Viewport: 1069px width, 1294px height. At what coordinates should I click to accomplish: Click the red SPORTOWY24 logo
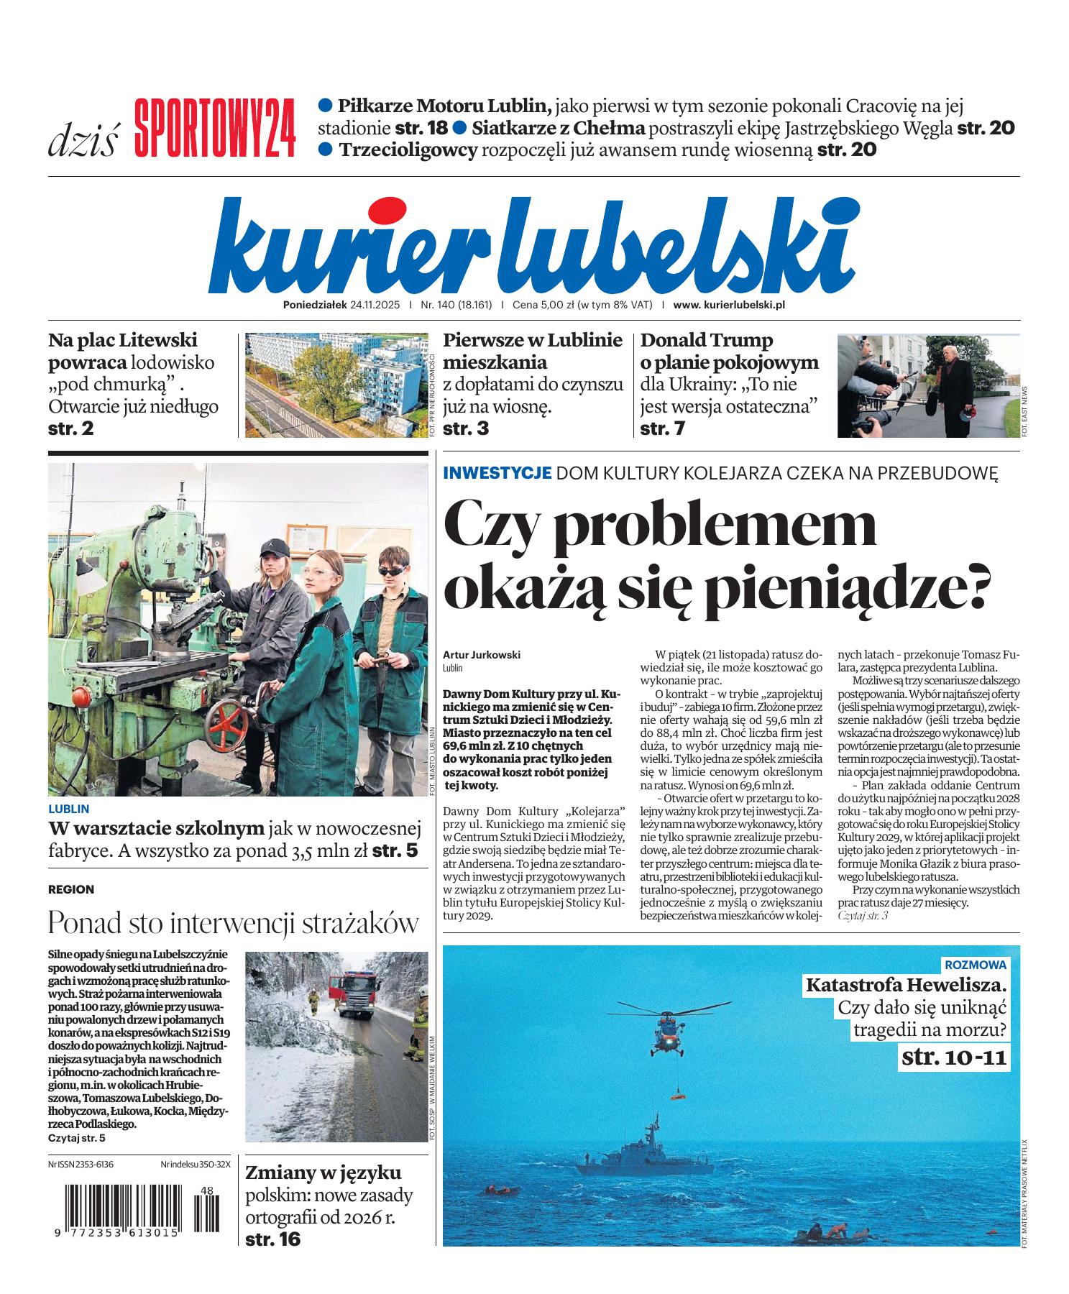tap(214, 127)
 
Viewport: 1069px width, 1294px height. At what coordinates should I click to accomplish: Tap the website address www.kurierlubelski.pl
tap(728, 304)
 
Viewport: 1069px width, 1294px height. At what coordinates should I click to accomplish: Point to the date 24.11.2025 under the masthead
tap(377, 304)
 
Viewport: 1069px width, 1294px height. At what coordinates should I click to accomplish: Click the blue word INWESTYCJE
tap(497, 472)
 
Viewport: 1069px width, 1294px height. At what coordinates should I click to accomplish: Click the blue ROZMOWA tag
tap(975, 965)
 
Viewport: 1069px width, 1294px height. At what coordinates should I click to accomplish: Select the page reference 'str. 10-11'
tap(954, 1057)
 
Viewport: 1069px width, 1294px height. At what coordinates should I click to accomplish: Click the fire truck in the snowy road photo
tap(358, 992)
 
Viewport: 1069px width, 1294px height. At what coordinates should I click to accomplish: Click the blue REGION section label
tap(71, 889)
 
